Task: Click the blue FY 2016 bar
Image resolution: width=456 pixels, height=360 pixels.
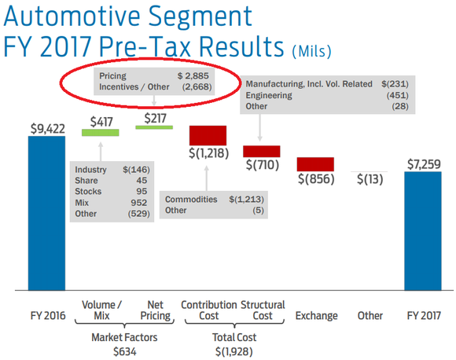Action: tap(47, 212)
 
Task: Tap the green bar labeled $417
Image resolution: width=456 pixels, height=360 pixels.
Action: tap(100, 133)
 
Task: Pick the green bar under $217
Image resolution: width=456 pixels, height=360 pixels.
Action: tap(154, 127)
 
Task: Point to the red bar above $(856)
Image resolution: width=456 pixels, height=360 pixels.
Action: tap(316, 164)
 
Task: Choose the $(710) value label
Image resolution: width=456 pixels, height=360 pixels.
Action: tap(263, 166)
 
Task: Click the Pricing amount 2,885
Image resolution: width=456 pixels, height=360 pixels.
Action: tap(197, 75)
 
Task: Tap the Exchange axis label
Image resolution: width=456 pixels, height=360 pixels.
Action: tap(316, 316)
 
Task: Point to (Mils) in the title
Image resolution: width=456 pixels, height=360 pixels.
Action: tap(311, 51)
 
